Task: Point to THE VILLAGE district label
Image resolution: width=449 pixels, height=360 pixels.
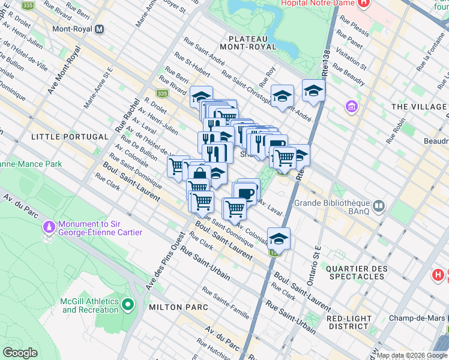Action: click(x=419, y=107)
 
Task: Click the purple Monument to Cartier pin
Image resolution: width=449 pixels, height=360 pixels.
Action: click(x=48, y=227)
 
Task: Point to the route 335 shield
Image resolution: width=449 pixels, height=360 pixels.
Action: click(x=161, y=94)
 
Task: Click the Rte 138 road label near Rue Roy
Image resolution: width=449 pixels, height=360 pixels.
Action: click(x=327, y=53)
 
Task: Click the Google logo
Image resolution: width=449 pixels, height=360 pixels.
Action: click(x=20, y=353)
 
